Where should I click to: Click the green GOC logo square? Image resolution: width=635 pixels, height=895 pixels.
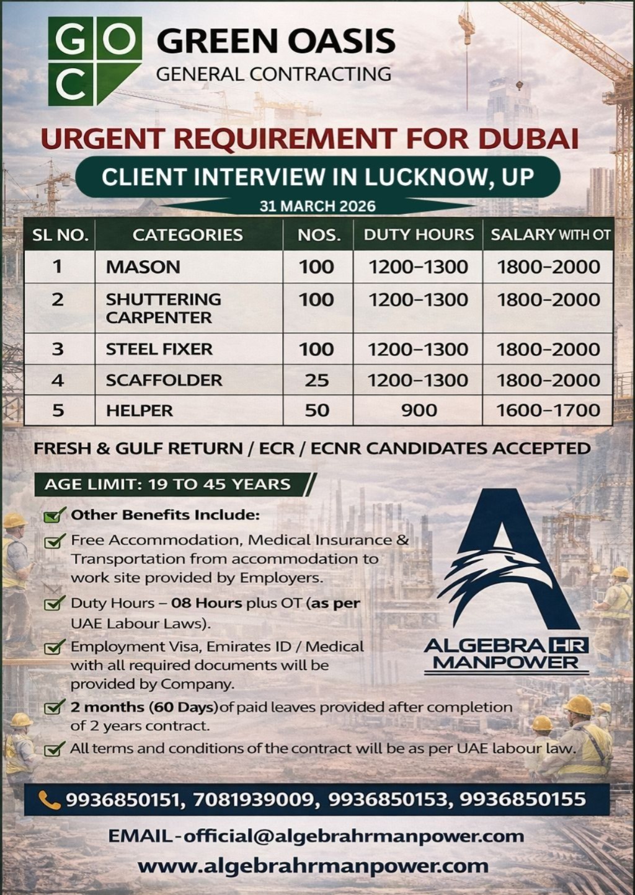pos(94,61)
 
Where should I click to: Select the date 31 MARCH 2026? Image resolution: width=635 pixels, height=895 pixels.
pos(317,206)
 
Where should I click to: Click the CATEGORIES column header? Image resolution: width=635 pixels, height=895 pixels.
pos(187,235)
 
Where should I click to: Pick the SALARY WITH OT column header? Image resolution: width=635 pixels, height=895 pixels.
pos(550,235)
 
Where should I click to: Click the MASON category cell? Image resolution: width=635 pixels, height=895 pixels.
pos(143,267)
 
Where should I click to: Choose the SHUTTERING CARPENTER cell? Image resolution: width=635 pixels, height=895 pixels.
pos(163,308)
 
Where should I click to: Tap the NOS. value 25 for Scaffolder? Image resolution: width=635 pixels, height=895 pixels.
pos(316,380)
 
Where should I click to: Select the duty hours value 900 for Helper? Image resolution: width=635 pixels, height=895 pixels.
pos(419,410)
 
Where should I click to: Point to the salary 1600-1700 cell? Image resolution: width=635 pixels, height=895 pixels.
pos(548,410)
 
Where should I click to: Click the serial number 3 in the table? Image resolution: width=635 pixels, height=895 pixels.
pos(58,349)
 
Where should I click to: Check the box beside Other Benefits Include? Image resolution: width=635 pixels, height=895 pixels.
pos(55,514)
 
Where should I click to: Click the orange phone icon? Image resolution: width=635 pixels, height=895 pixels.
pos(49,800)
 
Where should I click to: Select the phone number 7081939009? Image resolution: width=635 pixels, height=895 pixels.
pos(252,800)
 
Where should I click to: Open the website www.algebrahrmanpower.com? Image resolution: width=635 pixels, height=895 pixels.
pos(313,865)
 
